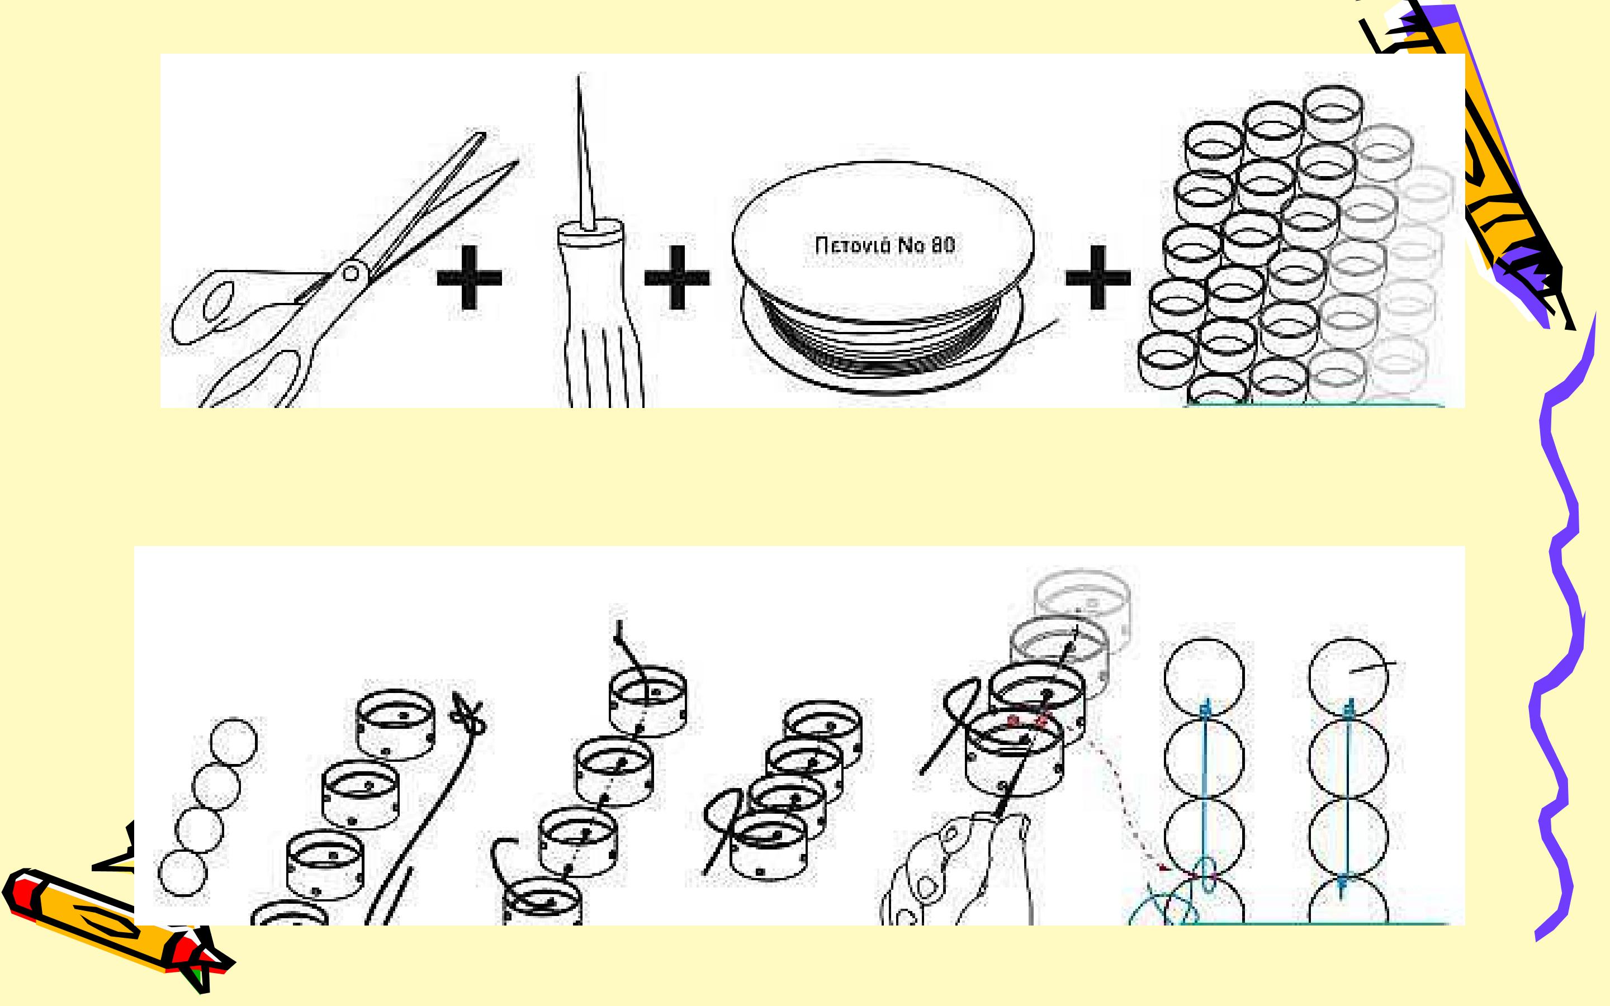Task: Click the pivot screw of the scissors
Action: point(351,272)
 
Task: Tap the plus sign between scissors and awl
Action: point(469,277)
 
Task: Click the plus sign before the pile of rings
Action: point(1098,277)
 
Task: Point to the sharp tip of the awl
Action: point(578,77)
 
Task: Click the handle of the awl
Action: point(599,313)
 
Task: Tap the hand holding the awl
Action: point(958,872)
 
